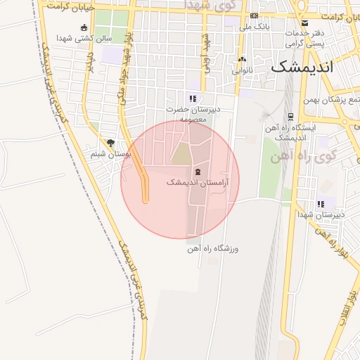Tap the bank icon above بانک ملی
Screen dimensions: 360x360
[x=254, y=16]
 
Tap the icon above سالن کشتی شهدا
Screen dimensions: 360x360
[x=84, y=28]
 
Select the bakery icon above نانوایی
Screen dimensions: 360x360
[x=242, y=59]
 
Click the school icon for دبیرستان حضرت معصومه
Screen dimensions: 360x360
[x=193, y=99]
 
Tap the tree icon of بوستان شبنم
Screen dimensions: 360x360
[x=110, y=143]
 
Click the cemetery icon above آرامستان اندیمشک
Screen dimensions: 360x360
[x=197, y=172]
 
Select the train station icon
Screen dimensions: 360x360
[x=290, y=117]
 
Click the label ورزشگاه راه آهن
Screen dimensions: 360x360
[x=214, y=248]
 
